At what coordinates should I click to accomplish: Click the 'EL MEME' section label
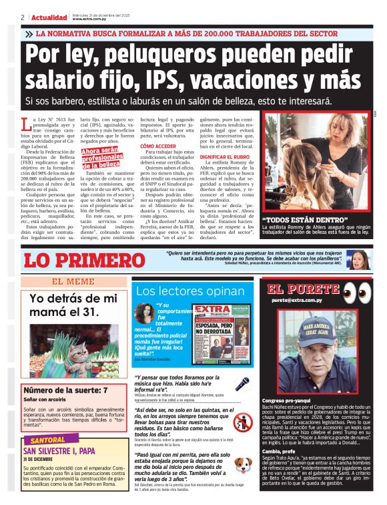(x=73, y=282)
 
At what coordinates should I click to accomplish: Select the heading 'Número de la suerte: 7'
(x=65, y=390)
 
